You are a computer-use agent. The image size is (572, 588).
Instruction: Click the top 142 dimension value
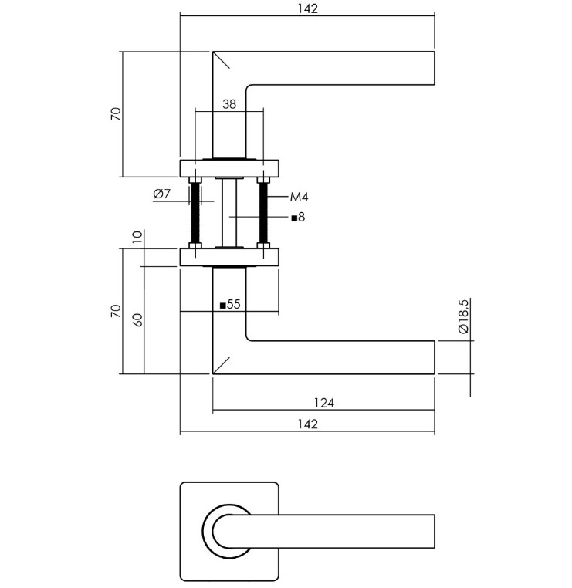point(306,8)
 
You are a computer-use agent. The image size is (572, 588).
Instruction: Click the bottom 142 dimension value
point(306,424)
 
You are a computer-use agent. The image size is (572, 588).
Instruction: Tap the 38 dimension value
point(228,104)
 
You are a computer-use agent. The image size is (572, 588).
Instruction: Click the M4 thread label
point(299,198)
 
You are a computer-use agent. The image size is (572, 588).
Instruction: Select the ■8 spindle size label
point(298,218)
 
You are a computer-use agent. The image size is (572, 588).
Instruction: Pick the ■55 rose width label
point(230,305)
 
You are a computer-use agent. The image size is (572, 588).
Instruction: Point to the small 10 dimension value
point(137,238)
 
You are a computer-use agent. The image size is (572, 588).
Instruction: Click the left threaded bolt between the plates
point(195,214)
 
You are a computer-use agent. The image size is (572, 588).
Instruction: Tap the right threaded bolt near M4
point(264,214)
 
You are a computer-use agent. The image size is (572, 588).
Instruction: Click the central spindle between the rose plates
point(229,214)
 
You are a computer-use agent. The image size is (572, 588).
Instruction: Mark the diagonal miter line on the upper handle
point(222,60)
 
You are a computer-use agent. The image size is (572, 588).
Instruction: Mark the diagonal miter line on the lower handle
point(222,365)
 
